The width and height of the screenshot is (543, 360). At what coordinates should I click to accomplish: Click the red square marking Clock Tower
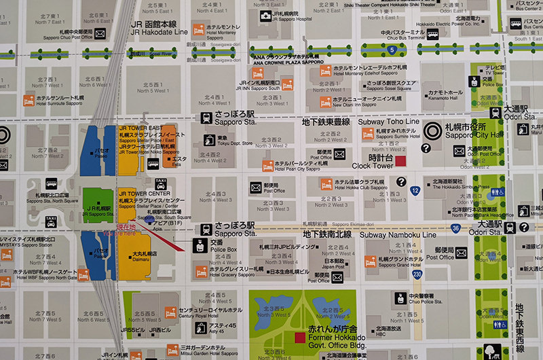click(400, 161)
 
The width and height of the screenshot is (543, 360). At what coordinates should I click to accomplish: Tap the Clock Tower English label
click(372, 165)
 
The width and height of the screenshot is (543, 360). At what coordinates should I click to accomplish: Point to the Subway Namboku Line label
click(390, 234)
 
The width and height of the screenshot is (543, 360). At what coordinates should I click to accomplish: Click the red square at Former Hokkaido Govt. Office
click(299, 338)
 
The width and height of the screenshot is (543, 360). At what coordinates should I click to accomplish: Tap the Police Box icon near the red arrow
click(200, 246)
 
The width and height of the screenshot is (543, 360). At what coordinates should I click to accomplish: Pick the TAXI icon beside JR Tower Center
click(161, 183)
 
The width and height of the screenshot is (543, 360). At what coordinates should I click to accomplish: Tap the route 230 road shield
click(417, 274)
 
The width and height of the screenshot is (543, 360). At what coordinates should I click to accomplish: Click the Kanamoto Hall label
click(445, 99)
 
